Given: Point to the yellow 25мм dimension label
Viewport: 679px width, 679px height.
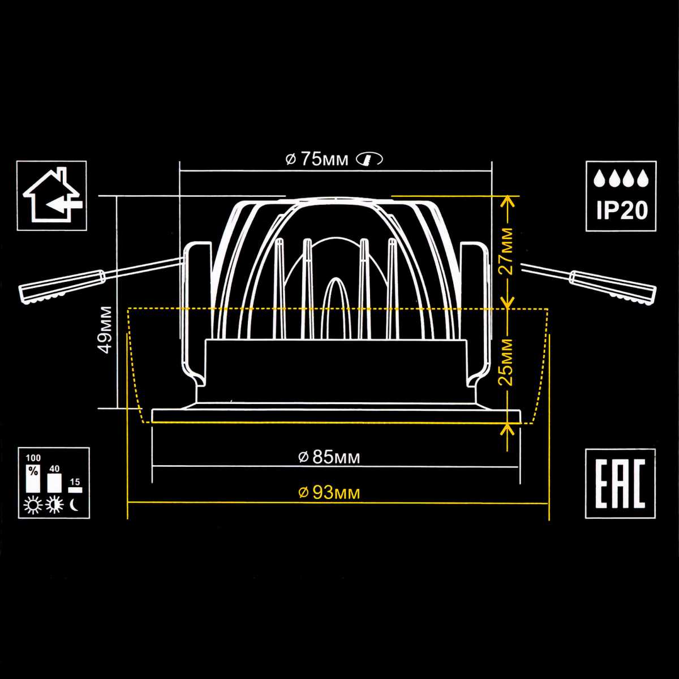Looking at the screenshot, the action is pyautogui.click(x=509, y=360).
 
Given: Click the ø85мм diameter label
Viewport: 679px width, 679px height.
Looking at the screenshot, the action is pyautogui.click(x=329, y=457).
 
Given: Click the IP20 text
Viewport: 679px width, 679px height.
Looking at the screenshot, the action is pyautogui.click(x=621, y=211).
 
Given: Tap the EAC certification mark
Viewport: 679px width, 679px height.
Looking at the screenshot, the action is pyautogui.click(x=620, y=483).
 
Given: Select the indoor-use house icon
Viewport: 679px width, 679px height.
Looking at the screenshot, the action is pyautogui.click(x=52, y=195).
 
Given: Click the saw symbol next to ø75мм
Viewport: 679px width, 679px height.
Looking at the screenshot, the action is pyautogui.click(x=369, y=160).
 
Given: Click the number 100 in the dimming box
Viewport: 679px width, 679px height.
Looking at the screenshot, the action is pyautogui.click(x=33, y=457).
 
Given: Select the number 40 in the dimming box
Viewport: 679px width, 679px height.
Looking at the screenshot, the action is pyautogui.click(x=54, y=469).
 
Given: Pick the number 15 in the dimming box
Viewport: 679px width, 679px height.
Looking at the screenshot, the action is pyautogui.click(x=75, y=482).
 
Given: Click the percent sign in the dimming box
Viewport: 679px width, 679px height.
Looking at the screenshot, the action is pyautogui.click(x=33, y=470).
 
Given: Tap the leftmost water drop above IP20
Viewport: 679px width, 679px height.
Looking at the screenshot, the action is pyautogui.click(x=599, y=180).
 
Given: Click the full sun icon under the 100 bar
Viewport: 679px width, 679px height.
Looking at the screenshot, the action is pyautogui.click(x=33, y=505).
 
